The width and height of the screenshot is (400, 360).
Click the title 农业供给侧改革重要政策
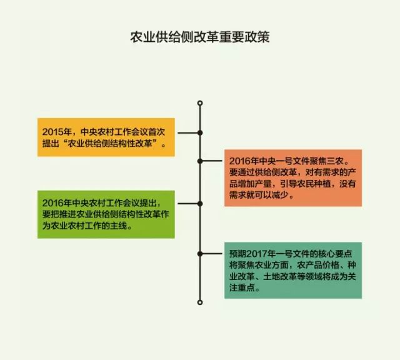(199, 37)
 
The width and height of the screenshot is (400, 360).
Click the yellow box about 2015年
(106, 136)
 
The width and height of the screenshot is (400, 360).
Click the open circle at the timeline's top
(200, 102)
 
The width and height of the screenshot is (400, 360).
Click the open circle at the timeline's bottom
(200, 302)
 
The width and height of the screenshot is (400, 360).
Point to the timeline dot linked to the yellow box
(200, 132)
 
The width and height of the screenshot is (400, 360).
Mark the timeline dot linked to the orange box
(200, 161)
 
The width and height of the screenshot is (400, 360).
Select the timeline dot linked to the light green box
(200, 204)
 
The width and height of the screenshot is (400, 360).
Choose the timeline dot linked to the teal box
(200, 253)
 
